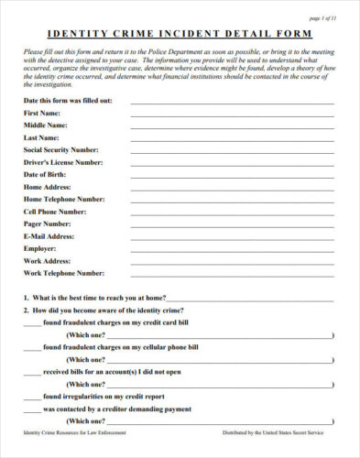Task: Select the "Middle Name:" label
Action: click(45, 124)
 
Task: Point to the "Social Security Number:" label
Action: click(60, 148)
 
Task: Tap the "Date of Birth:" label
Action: click(44, 173)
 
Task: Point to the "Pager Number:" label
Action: click(48, 223)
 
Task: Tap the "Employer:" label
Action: click(41, 247)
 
